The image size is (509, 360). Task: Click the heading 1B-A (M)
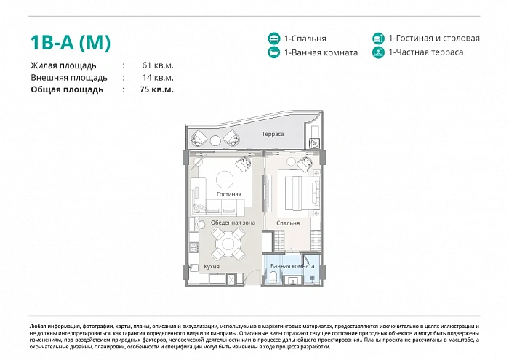71,42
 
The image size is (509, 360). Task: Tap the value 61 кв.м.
158,65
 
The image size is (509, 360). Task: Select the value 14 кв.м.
158,78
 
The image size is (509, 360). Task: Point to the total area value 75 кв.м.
156,89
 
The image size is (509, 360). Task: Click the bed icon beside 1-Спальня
274,39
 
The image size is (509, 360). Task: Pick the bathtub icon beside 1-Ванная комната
274,52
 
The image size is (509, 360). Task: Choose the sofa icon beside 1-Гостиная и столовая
378,39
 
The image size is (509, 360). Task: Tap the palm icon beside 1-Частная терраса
378,52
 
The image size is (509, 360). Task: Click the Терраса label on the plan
273,134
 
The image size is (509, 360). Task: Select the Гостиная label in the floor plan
229,194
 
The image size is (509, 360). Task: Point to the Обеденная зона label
233,223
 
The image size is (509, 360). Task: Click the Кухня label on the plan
212,266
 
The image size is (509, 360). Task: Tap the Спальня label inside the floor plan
288,223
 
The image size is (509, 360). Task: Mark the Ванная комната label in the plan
292,266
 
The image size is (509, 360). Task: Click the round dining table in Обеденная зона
228,243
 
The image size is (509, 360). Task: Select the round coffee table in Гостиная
225,179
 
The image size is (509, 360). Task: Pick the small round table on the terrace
215,140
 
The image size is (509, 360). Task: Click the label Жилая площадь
63,65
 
